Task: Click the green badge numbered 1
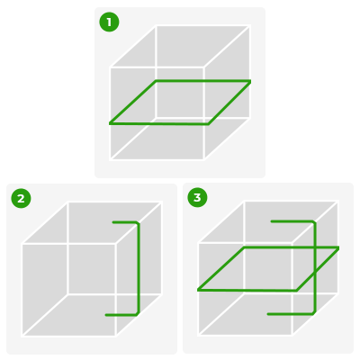coord(109,22)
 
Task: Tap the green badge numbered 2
coord(21,198)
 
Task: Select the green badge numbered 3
coord(197,197)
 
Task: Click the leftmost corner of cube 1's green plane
coord(110,123)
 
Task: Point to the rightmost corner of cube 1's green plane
coord(250,81)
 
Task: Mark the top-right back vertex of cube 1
coord(249,26)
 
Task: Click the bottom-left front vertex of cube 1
coord(111,159)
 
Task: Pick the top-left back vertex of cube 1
coord(156,26)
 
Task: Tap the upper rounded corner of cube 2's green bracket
coord(138,223)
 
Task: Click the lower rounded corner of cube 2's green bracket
coord(138,314)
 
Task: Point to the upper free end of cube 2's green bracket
coord(113,222)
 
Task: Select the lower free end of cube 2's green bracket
coord(106,315)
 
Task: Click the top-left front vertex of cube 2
coord(22,244)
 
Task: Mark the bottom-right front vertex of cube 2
coord(116,336)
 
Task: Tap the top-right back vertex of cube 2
coord(162,202)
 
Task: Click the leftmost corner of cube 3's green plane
coord(198,290)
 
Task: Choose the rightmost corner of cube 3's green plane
coord(338,247)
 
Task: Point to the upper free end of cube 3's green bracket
coord(272,221)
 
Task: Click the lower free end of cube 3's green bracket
coord(268,314)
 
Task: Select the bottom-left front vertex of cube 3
coord(199,334)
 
